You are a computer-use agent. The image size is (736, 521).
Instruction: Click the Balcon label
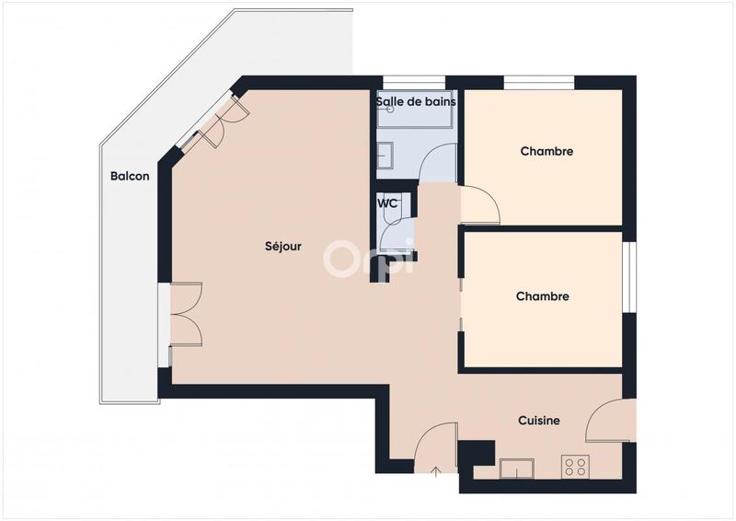130,177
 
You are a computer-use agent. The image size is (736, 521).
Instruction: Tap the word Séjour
283,246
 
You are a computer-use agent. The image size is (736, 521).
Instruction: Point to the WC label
387,203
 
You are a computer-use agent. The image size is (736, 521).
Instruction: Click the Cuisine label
538,421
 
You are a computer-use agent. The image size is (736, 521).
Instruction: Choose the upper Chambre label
546,151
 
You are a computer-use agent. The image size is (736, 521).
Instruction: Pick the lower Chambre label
542,296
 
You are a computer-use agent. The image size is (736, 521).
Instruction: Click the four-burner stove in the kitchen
576,467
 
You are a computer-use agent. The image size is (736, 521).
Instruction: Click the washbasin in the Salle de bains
385,156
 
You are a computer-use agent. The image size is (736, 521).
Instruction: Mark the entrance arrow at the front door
436,472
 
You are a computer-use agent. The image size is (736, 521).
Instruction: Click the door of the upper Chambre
479,204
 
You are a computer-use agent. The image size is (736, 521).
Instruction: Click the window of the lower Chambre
630,276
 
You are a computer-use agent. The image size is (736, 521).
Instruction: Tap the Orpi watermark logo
368,259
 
